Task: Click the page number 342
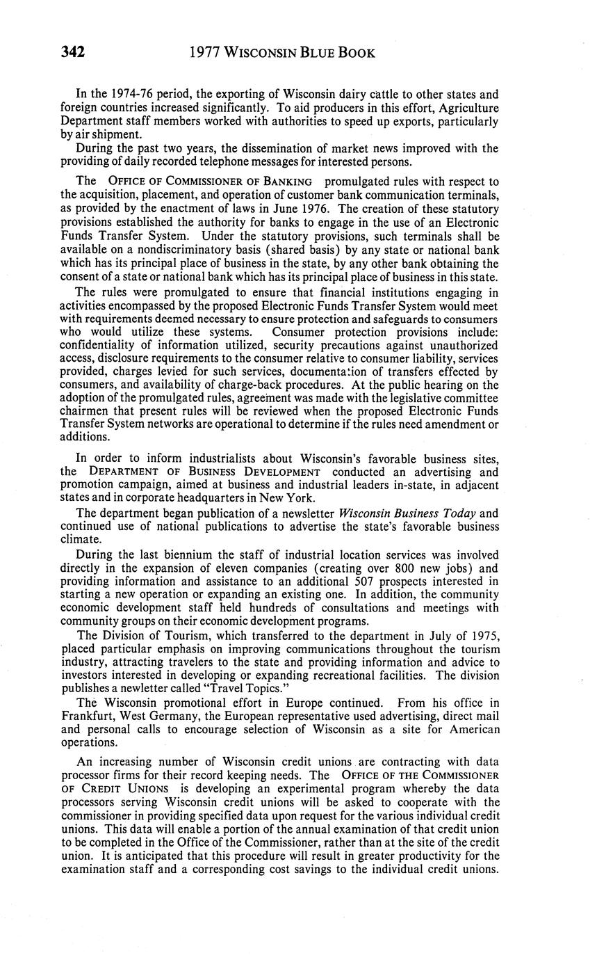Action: [72, 53]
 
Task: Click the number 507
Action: [361, 580]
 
